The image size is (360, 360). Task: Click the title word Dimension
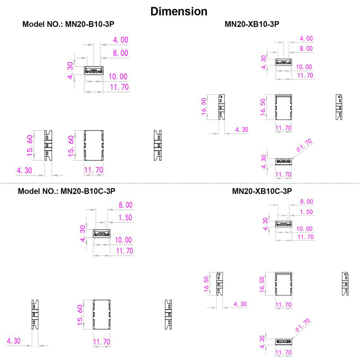pyautogui.click(x=178, y=11)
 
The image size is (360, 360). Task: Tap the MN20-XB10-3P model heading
pyautogui.click(x=252, y=24)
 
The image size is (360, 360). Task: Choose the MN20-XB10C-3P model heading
pyautogui.click(x=262, y=191)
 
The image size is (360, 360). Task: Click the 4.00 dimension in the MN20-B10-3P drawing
pyautogui.click(x=120, y=40)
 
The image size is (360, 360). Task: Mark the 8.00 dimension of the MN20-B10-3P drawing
pyautogui.click(x=120, y=53)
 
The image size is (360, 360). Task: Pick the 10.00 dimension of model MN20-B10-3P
pyautogui.click(x=118, y=77)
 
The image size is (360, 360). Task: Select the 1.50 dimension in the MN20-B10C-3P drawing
pyautogui.click(x=126, y=217)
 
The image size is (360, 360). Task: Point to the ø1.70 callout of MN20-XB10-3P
pyautogui.click(x=303, y=145)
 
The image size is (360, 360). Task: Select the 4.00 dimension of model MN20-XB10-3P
pyautogui.click(x=306, y=39)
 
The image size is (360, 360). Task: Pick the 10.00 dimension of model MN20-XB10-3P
pyautogui.click(x=304, y=67)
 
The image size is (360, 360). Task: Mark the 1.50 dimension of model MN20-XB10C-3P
pyautogui.click(x=306, y=212)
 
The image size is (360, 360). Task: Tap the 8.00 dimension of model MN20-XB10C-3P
pyautogui.click(x=306, y=202)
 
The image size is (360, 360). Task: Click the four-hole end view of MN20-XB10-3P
pyautogui.click(x=283, y=162)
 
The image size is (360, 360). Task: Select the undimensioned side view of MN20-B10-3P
pyautogui.click(x=157, y=145)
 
